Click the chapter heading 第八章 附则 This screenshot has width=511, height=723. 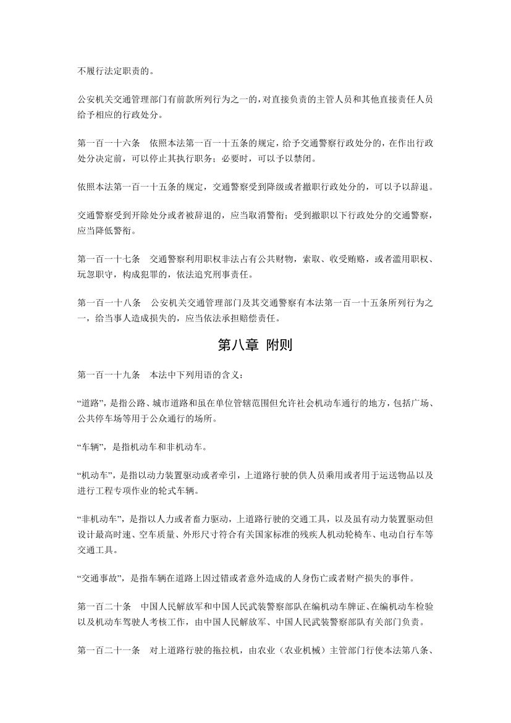pos(255,346)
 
